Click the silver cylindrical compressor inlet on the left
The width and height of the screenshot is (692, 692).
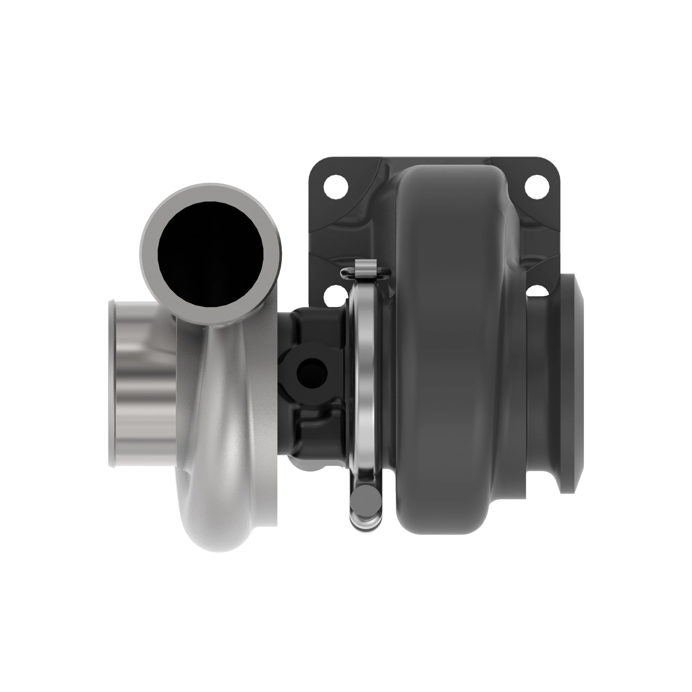pos(143,383)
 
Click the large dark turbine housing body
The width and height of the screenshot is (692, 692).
pos(455,358)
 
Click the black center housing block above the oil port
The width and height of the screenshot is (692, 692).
pos(312,329)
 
